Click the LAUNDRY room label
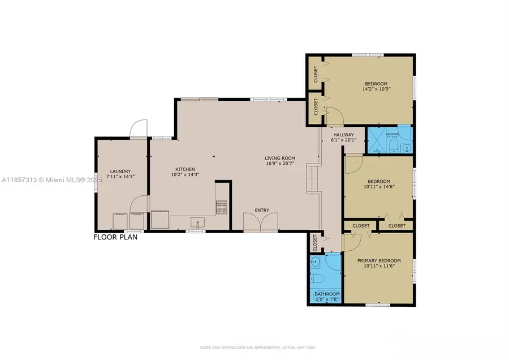pos(120,172)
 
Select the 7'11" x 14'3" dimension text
pos(120,178)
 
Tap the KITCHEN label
pos(185,169)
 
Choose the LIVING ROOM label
pos(280,158)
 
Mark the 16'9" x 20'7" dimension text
pos(280,164)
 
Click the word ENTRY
pos(262,211)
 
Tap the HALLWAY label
pos(343,135)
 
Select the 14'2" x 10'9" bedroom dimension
pos(376,89)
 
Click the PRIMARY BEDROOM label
pos(379,260)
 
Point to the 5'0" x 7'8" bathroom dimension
pos(326,300)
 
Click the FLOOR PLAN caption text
pos(115,237)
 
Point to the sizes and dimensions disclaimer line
pos(255,346)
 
